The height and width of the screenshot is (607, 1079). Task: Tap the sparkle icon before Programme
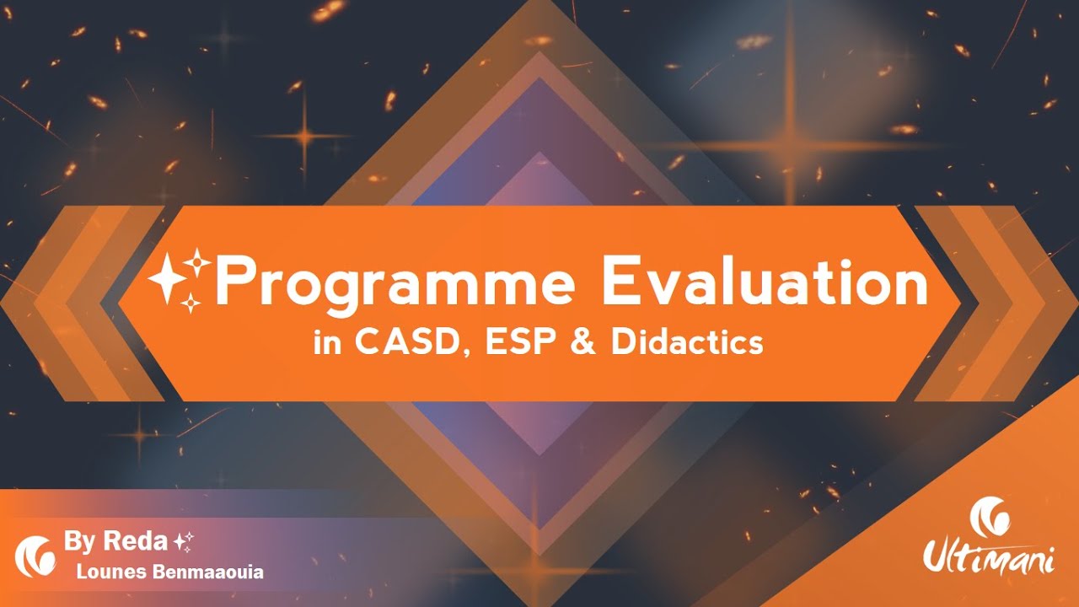click(179, 279)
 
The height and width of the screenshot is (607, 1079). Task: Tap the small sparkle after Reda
click(183, 541)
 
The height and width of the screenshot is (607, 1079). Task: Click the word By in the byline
click(81, 541)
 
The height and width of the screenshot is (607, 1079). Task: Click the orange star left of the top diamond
click(304, 136)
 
